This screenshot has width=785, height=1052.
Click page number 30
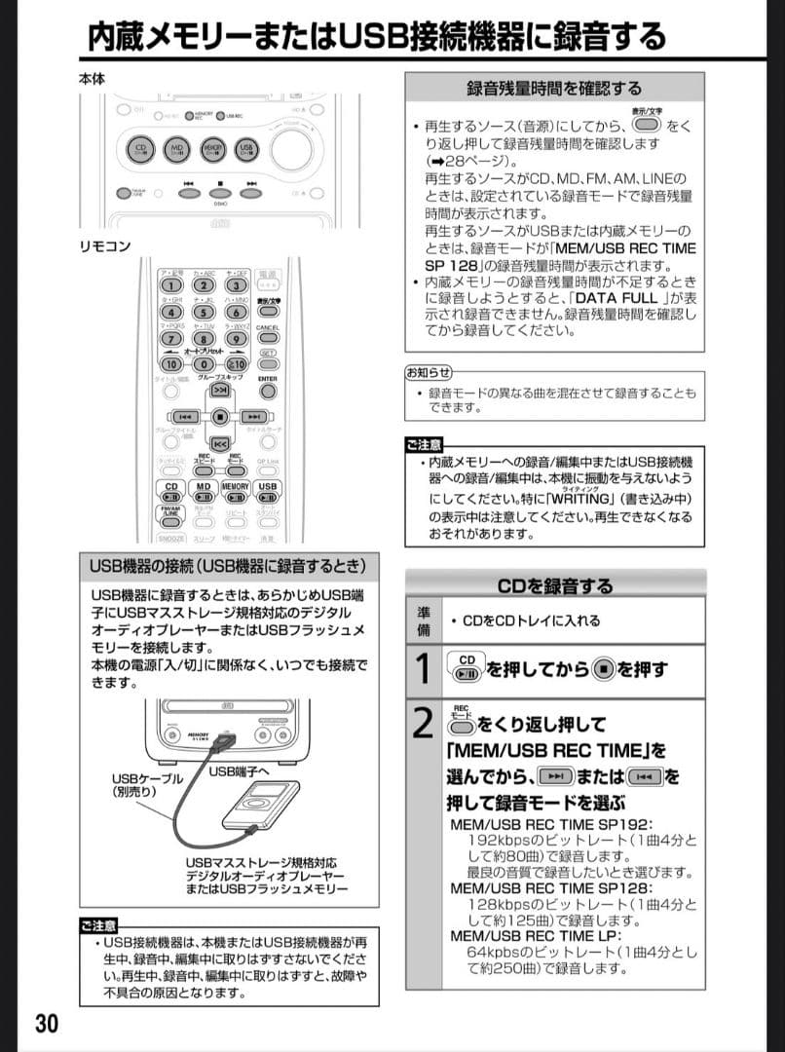coord(47,1024)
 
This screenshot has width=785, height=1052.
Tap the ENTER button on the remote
coord(268,392)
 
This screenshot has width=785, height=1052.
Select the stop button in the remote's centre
coord(220,417)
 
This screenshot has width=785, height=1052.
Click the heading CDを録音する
coord(555,586)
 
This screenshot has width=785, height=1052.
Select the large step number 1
coord(423,670)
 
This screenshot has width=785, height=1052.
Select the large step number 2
coord(423,724)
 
